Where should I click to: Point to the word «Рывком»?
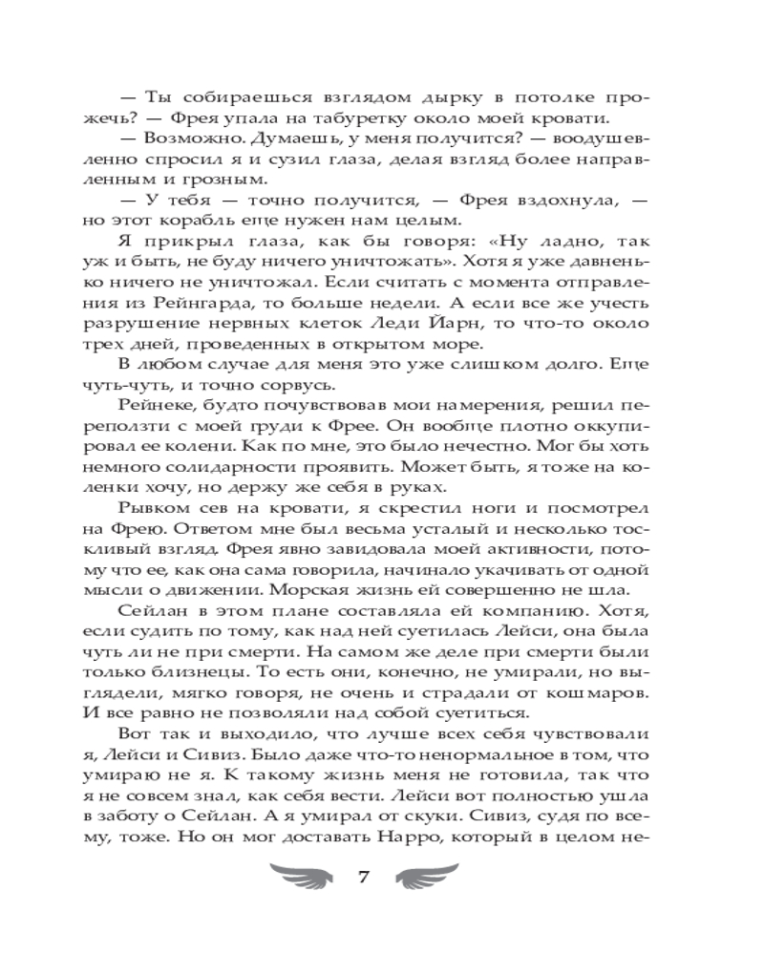pos(156,510)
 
